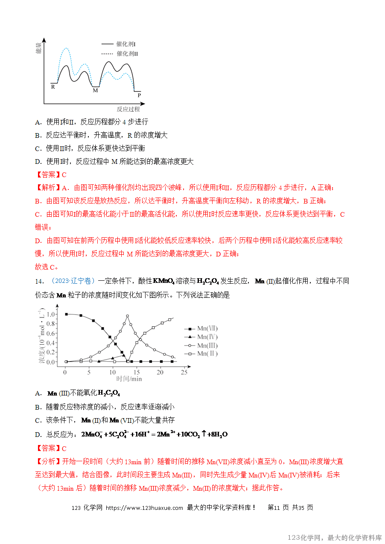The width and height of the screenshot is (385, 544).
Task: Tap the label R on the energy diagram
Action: [53, 87]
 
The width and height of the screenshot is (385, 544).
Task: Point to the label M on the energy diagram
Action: [95, 90]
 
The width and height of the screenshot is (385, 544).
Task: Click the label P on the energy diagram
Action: [139, 95]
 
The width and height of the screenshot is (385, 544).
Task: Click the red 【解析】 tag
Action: [48, 188]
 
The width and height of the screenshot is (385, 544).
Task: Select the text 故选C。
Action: [46, 267]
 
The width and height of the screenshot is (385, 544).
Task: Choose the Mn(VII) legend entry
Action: [207, 329]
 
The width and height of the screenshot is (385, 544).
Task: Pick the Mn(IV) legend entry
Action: [207, 337]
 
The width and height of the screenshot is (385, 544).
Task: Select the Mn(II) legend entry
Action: [207, 354]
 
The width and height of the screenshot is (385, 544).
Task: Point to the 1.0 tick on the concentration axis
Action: [51, 314]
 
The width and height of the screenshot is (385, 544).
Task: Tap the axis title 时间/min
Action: [129, 379]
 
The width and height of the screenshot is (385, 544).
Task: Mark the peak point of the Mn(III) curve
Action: [127, 316]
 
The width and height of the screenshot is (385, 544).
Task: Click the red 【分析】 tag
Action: [48, 462]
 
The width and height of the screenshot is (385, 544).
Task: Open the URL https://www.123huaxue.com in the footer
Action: [144, 508]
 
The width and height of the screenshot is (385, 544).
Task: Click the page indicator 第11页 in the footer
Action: [278, 508]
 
